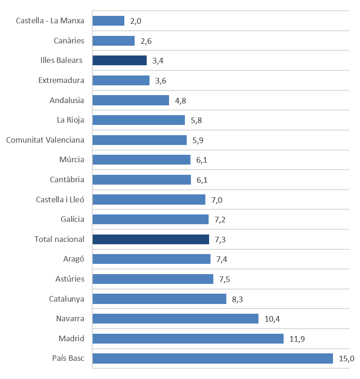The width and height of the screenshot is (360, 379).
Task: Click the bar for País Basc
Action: tap(213, 358)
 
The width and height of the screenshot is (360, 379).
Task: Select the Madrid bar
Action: tap(188, 338)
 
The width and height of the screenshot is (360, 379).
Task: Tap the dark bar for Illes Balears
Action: tap(120, 61)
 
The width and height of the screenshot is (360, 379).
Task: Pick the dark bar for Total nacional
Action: tap(151, 239)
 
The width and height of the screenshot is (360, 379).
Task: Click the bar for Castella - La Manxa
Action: tap(109, 21)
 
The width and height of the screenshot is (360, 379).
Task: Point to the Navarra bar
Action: tap(176, 318)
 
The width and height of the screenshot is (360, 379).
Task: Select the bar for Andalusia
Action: tap(131, 100)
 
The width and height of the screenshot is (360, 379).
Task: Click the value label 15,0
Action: tap(346, 358)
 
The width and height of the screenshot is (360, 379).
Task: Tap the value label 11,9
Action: tap(297, 339)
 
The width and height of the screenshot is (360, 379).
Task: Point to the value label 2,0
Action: tap(136, 21)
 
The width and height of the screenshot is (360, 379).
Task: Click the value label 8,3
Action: tap(237, 299)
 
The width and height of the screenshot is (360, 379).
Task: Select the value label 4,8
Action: tap(180, 101)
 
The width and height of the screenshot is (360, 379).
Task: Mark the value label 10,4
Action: tap(272, 319)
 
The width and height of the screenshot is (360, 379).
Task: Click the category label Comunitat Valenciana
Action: tap(45, 140)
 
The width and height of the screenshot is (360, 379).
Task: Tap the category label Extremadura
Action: tap(61, 80)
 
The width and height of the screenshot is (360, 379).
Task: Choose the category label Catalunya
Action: tap(67, 299)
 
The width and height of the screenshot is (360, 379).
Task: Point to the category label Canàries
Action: tap(69, 41)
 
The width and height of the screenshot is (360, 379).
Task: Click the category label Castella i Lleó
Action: tap(60, 200)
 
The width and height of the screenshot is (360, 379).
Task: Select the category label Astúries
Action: tap(70, 279)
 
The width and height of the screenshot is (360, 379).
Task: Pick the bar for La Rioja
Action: tap(139, 120)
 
